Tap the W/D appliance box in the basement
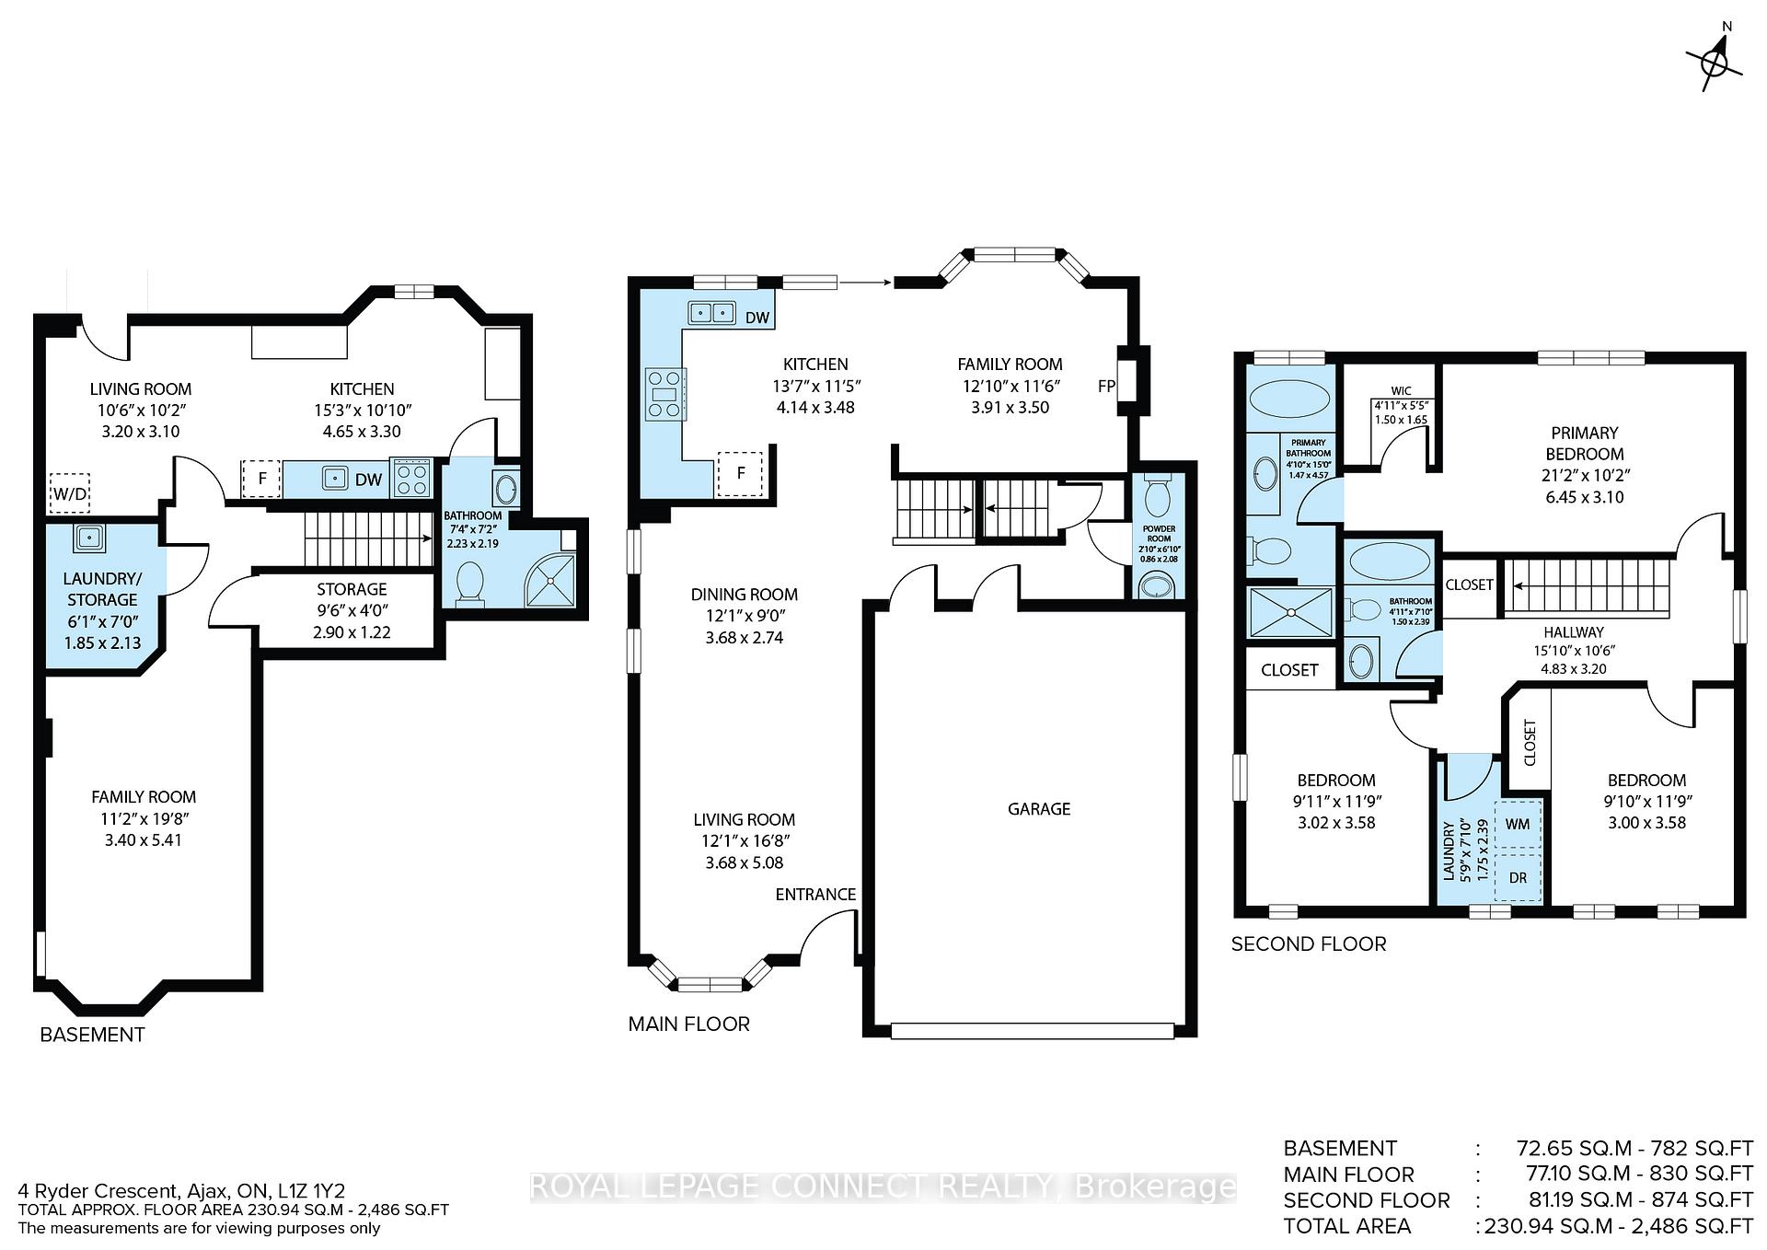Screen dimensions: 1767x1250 coord(70,493)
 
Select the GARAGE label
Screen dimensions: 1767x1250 coord(1039,809)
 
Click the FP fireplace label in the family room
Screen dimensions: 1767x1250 coord(1106,387)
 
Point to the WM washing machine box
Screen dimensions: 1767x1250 coord(1518,824)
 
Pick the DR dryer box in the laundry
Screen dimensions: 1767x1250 coord(1518,877)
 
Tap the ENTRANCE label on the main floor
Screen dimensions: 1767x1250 coord(815,895)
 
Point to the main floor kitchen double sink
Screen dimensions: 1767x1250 coord(711,313)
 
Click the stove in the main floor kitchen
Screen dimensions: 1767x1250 coord(664,394)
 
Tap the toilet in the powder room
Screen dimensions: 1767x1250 coord(1157,496)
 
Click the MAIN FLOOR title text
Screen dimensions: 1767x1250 coord(688,1024)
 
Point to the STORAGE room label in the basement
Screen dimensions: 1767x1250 coord(352,589)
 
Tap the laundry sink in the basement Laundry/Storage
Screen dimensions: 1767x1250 coord(89,536)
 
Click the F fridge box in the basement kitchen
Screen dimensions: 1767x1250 coord(262,479)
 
